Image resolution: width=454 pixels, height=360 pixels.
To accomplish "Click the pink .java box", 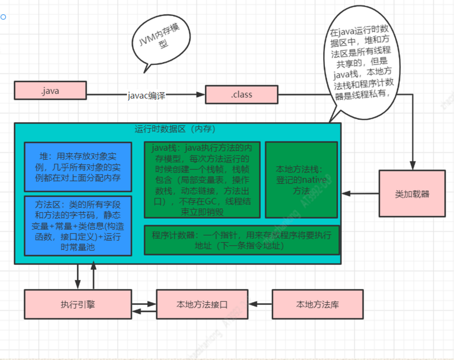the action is click(x=50, y=90).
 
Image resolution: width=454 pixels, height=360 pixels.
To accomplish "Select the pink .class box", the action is click(x=241, y=95).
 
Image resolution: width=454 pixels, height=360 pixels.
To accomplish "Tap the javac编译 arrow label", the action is click(x=147, y=95).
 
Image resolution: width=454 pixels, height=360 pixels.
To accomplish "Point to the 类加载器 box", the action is click(x=412, y=194).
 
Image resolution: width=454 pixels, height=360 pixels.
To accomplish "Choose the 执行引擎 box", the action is click(x=78, y=304).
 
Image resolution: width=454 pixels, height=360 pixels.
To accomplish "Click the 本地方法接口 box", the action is click(x=202, y=304).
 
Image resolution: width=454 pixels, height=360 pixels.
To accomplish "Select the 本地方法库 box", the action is click(x=317, y=304).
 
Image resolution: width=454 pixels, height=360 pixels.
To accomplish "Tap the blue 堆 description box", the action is click(x=78, y=167).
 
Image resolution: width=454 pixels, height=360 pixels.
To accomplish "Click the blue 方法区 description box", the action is click(x=78, y=226).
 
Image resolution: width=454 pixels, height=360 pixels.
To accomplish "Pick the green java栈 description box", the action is click(x=202, y=180).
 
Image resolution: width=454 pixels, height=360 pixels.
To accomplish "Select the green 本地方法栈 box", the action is click(x=301, y=180).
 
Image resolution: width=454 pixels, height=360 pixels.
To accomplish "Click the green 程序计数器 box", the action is click(x=241, y=240).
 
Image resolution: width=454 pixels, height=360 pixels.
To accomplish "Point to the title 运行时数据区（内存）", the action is click(x=175, y=129).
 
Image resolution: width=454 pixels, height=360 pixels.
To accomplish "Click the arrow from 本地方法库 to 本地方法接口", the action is click(x=260, y=304).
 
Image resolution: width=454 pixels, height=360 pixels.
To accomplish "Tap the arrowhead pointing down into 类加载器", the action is click(x=413, y=165).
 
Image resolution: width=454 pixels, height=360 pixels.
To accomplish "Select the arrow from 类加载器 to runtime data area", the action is click(x=360, y=194).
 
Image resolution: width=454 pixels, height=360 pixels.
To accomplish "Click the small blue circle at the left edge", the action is click(x=3, y=17).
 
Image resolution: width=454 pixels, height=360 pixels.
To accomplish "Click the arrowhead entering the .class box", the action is click(x=200, y=95).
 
